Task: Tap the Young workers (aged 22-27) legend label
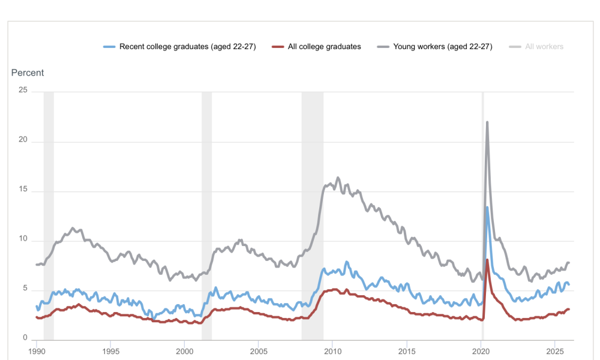click(x=442, y=47)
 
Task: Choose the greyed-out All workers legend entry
click(x=544, y=47)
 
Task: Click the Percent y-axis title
click(x=28, y=73)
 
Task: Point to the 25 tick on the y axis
click(x=23, y=91)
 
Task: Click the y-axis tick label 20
click(x=23, y=141)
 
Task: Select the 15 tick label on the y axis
click(x=23, y=191)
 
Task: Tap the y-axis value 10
click(x=23, y=240)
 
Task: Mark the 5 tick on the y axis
click(x=25, y=290)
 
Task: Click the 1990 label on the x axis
click(x=37, y=351)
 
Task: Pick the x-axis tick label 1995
click(x=110, y=351)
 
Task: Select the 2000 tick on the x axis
click(x=185, y=351)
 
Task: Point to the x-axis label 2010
click(x=333, y=351)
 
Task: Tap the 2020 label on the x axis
click(x=481, y=351)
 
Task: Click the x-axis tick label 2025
click(x=555, y=351)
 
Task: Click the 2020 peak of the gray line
click(x=487, y=122)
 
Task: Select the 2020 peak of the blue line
click(x=487, y=208)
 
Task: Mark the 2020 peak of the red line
click(x=487, y=260)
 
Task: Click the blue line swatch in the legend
click(x=109, y=47)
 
